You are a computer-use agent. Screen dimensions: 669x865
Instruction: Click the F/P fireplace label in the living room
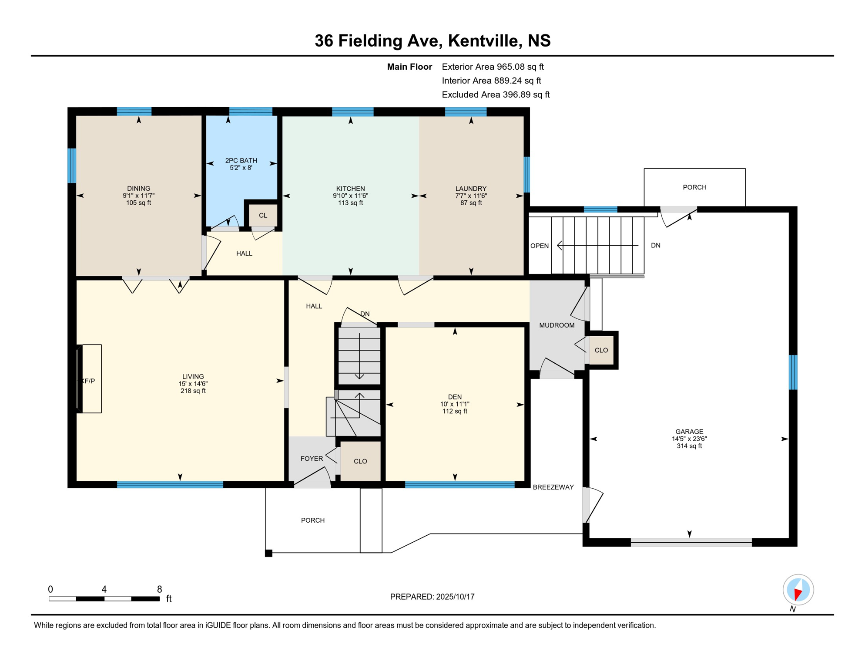(x=88, y=381)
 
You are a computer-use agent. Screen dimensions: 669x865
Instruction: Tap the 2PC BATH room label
(x=241, y=160)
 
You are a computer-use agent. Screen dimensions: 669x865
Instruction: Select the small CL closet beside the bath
(x=263, y=215)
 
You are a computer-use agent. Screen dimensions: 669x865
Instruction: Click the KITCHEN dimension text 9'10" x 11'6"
(x=350, y=196)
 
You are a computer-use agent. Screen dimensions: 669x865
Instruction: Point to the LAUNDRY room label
(x=471, y=189)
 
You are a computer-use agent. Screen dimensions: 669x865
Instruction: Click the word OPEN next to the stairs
(x=539, y=246)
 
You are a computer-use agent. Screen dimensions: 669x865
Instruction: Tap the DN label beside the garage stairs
(x=655, y=245)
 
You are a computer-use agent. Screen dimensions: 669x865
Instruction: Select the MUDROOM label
(x=557, y=325)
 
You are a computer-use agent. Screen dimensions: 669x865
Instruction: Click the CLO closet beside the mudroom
(x=601, y=350)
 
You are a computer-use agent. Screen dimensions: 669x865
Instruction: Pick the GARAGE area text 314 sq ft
(x=689, y=446)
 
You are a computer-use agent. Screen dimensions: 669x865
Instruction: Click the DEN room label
(x=455, y=397)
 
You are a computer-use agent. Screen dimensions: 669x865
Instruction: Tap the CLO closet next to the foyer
(x=360, y=461)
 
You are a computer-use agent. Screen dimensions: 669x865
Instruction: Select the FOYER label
(x=312, y=459)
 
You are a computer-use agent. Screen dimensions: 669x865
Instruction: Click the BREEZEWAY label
(x=553, y=487)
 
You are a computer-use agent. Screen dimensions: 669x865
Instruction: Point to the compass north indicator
(x=798, y=591)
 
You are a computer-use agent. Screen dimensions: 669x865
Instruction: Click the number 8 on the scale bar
(x=160, y=589)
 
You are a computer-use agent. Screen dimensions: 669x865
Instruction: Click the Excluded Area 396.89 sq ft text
(x=495, y=95)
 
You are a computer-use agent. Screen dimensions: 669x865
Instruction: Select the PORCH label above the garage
(x=694, y=187)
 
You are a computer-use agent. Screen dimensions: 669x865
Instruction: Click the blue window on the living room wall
(x=170, y=484)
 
